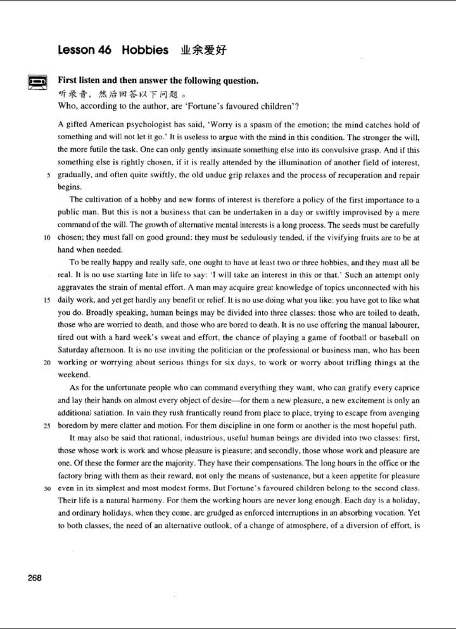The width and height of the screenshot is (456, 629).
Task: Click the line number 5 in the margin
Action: tap(49, 175)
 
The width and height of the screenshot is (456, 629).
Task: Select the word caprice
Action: tap(403, 387)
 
